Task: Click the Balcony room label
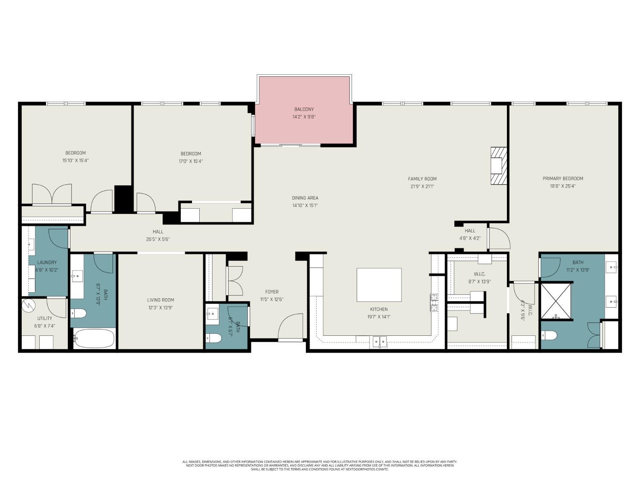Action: pos(304,109)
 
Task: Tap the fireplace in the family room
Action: pos(498,166)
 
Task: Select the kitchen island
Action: pos(379,285)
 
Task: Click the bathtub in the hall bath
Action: pos(94,338)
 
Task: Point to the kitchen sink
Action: pos(380,341)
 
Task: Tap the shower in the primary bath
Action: pos(556,300)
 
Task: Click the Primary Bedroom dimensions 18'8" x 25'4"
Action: pos(563,186)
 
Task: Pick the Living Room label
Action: pos(160,300)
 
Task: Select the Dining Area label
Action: pos(305,198)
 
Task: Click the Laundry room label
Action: pos(47,262)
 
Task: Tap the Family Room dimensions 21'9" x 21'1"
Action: pos(422,186)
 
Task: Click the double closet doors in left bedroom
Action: pos(52,195)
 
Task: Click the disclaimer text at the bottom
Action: pos(320,465)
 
